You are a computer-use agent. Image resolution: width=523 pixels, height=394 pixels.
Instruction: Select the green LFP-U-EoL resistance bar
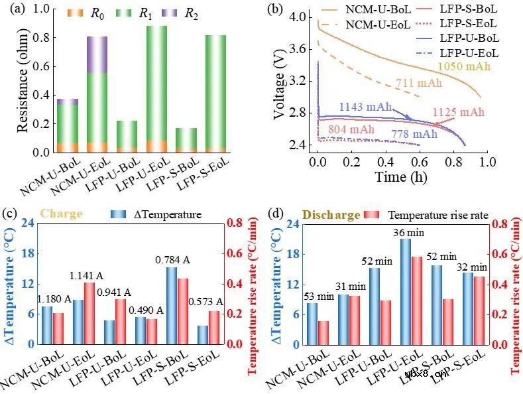tap(157, 83)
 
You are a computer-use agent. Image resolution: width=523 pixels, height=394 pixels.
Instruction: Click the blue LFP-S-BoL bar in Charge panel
tap(172, 305)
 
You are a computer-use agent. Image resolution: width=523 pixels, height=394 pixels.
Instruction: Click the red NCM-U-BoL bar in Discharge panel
tap(323, 332)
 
